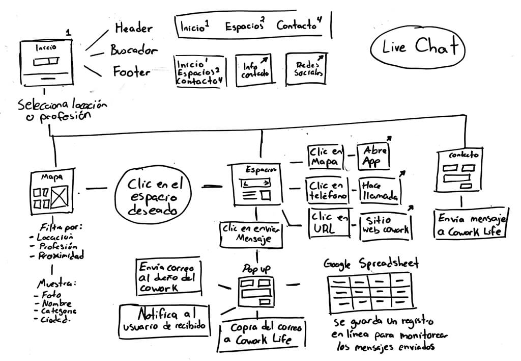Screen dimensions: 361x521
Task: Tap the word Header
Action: [x=133, y=28]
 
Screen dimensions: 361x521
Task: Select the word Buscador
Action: [x=134, y=50]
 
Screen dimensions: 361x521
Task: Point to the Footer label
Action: [x=131, y=71]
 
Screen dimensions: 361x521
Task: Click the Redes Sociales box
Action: [x=305, y=69]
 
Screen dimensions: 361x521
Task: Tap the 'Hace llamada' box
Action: [x=379, y=190]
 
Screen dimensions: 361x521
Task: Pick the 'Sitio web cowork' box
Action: [x=385, y=225]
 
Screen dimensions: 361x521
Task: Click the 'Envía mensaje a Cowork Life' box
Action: [x=471, y=225]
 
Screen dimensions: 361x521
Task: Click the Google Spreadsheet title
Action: [x=371, y=263]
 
